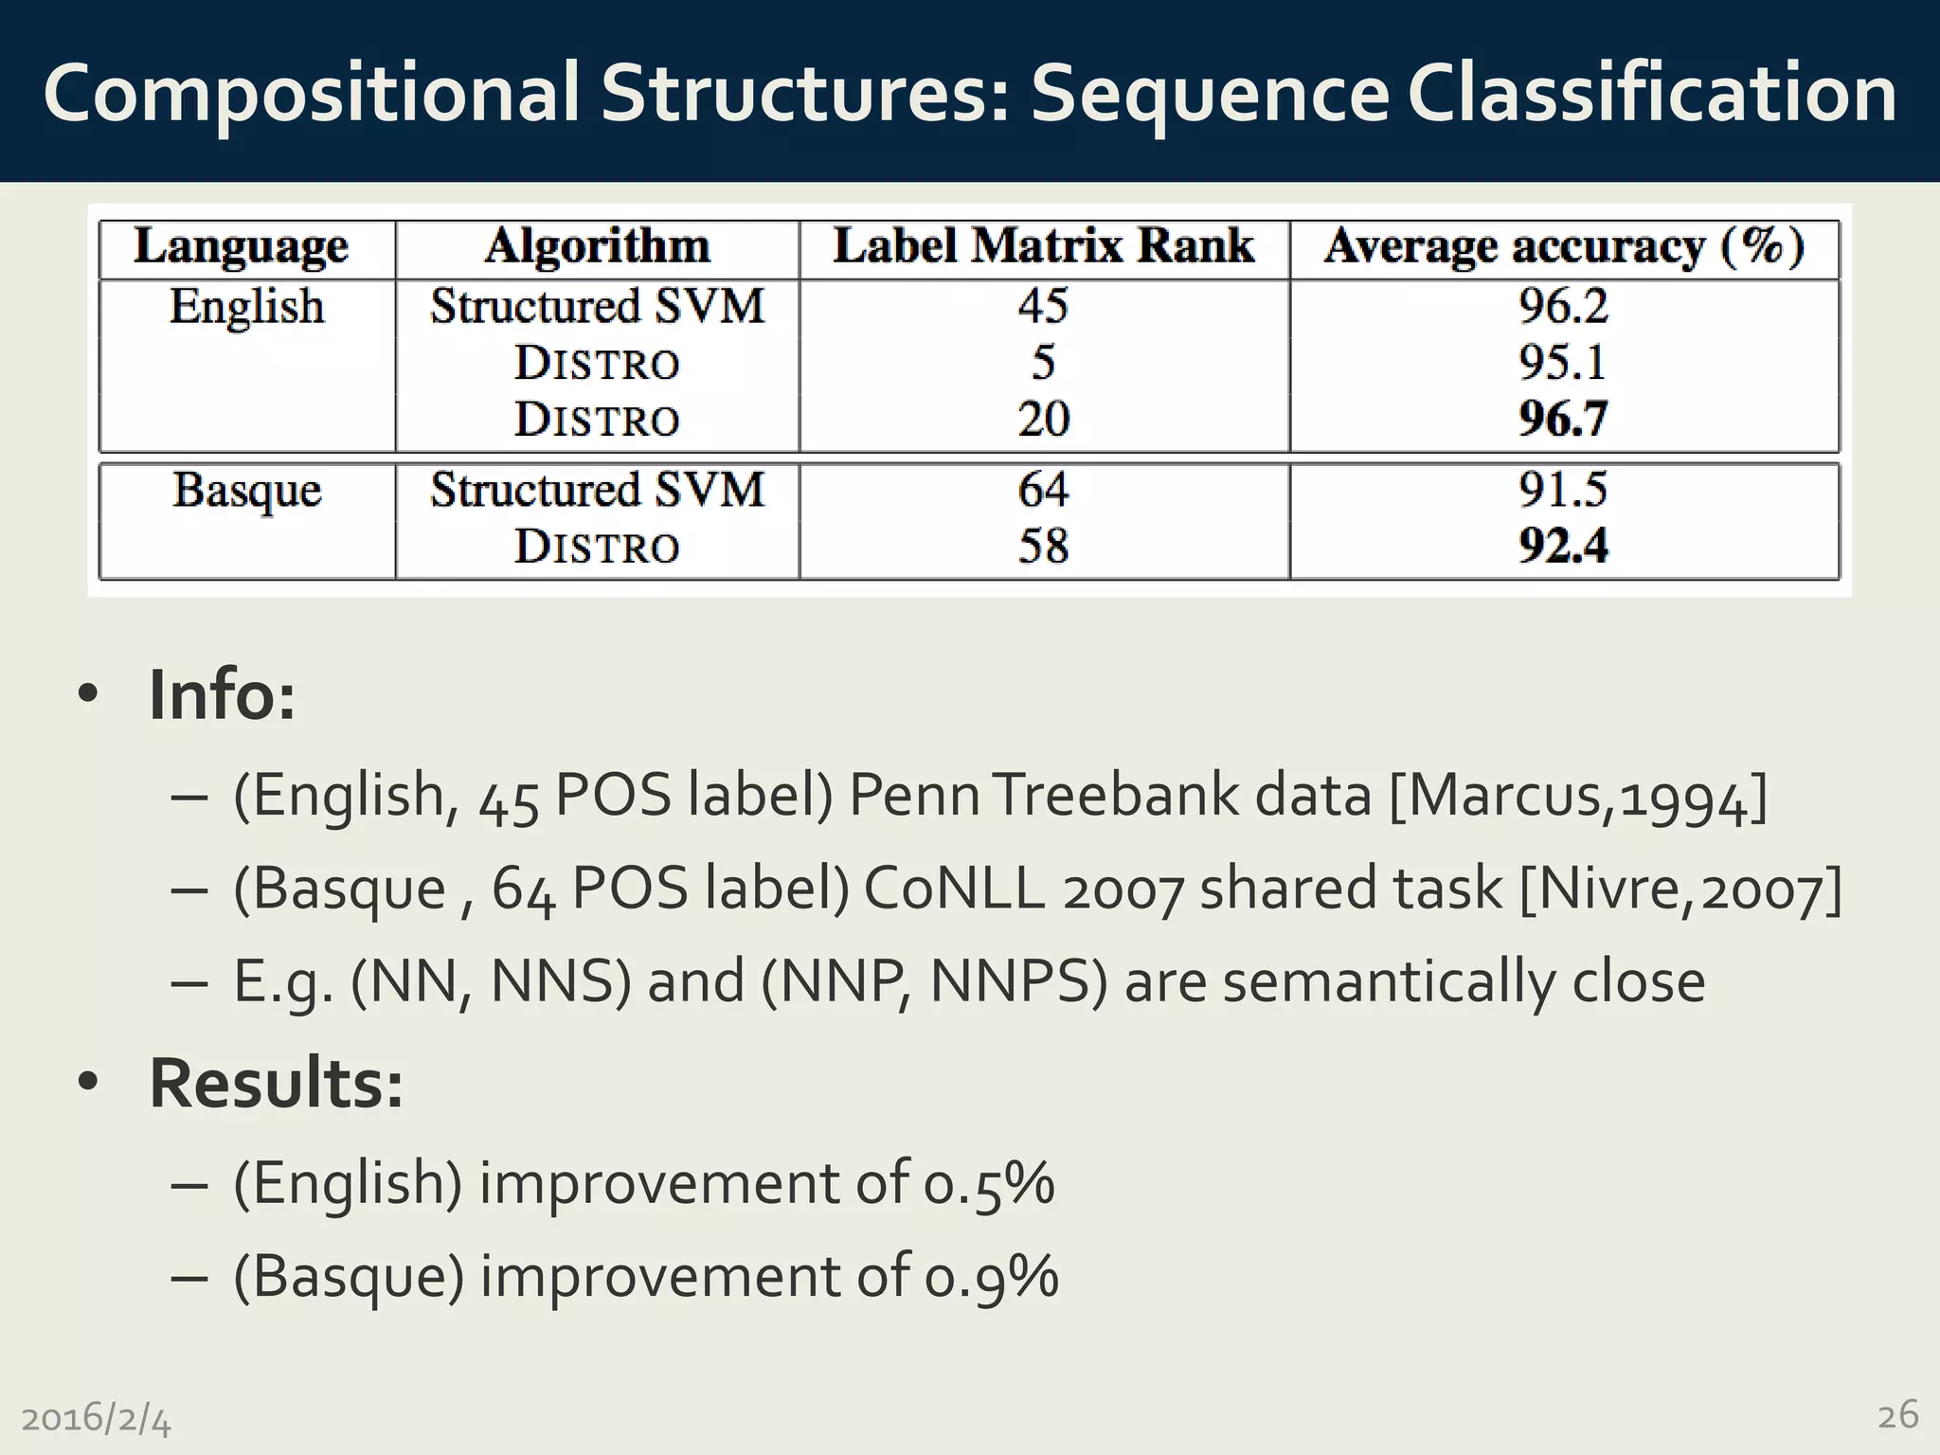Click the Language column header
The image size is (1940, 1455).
242,248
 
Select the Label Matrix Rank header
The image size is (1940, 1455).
1043,246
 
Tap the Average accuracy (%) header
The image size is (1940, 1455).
1564,247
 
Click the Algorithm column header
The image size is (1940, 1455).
597,246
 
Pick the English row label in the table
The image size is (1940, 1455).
246,307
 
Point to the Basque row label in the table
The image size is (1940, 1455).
246,491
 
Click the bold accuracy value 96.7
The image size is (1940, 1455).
1563,419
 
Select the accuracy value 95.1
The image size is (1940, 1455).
1563,362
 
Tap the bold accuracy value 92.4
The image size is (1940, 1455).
1563,546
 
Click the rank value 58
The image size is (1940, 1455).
1043,546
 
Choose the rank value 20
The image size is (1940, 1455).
1043,419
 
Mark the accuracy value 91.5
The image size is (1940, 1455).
1563,490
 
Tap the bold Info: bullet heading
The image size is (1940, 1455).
222,695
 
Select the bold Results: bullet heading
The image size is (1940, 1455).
276,1083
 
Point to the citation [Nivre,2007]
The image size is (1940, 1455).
1680,889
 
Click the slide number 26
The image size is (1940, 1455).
1897,1415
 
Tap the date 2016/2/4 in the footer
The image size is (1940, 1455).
96,1419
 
